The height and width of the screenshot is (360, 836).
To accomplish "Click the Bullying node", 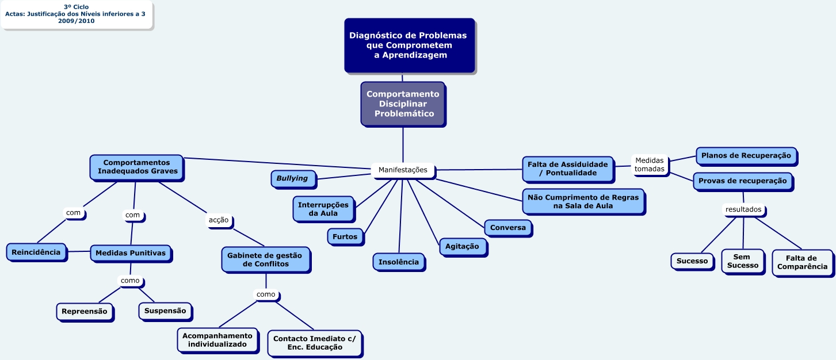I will pos(292,178).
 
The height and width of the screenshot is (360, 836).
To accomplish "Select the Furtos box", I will pos(345,236).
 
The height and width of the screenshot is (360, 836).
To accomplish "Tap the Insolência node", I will pos(398,262).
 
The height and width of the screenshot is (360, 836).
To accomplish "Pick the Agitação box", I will pos(462,246).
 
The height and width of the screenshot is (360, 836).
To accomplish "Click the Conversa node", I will pos(507,228).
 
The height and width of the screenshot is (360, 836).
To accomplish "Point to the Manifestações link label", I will pos(403,170).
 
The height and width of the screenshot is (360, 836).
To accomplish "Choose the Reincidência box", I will pos(36,252).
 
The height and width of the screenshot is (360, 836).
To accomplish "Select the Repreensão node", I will pos(84,311).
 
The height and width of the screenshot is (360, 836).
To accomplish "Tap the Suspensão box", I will pos(165,311).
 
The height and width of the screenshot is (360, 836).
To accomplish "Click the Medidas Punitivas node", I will pos(130,253).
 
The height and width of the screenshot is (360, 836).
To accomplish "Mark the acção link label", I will pos(219,220).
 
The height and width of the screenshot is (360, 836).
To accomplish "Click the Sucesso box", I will pos(692,261).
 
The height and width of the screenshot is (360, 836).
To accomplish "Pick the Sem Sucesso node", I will pos(742,261).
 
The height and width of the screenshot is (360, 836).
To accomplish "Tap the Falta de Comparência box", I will pos(801,262).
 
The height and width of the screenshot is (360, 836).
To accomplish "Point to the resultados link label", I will pos(743,209).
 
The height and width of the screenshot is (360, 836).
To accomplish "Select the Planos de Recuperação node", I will pos(746,155).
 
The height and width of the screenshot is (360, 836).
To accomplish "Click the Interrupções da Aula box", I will pos(323,209).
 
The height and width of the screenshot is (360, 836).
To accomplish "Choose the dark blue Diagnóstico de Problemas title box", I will pos(409,45).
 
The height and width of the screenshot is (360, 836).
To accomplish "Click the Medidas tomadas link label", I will pos(649,164).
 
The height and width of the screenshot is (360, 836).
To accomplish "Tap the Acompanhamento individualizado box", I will pos(217,340).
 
